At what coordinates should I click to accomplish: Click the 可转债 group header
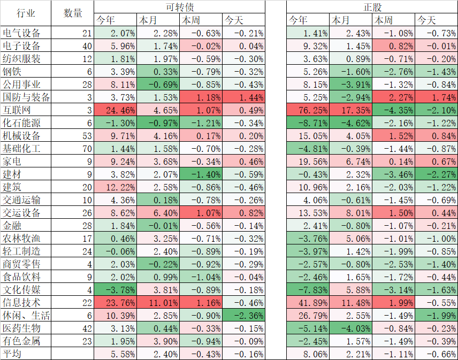tap(179, 7)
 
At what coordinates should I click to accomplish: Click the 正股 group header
tap(372, 7)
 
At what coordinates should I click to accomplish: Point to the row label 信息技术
tap(22, 302)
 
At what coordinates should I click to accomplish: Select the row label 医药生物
tap(22, 328)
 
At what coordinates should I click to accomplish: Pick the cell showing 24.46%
tap(116, 110)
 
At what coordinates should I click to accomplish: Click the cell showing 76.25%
tap(308, 110)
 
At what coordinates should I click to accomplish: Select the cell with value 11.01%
tap(158, 302)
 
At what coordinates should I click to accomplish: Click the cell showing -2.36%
tap(244, 315)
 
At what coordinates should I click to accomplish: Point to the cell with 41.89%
tap(308, 302)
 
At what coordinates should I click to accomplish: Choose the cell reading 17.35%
tap(351, 110)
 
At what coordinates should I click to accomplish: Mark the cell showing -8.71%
tap(308, 122)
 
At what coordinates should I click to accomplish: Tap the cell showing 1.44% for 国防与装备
tap(244, 97)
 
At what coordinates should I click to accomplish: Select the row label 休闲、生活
tap(26, 315)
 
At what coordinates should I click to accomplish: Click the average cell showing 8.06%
tap(308, 354)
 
